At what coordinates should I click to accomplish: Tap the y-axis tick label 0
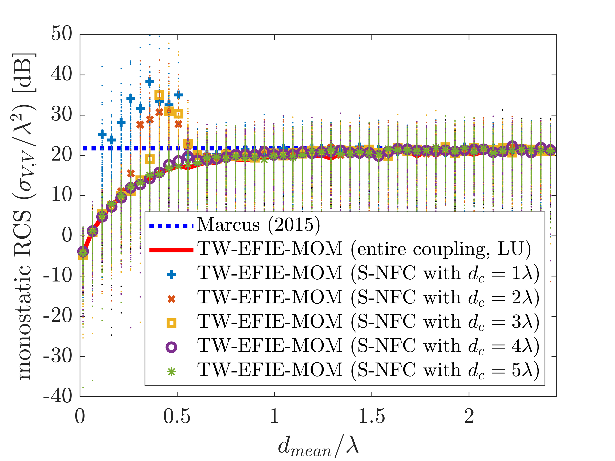coord(67,235)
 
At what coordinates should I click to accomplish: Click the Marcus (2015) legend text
coord(258,225)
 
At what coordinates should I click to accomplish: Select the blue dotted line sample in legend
coord(171,226)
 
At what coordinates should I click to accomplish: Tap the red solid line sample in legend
coord(171,250)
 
